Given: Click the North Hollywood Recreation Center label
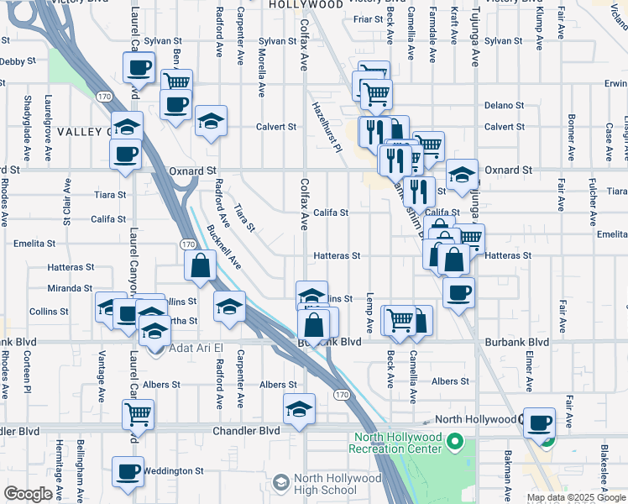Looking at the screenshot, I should pyautogui.click(x=398, y=443).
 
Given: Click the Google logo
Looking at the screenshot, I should pyautogui.click(x=28, y=494).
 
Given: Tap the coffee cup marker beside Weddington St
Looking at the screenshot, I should pyautogui.click(x=128, y=473).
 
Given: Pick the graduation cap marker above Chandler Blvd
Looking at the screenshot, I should pyautogui.click(x=299, y=409).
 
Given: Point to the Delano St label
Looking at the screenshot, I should pyautogui.click(x=505, y=106).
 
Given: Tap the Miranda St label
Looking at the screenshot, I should pyautogui.click(x=70, y=288).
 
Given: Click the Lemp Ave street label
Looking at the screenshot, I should pyautogui.click(x=369, y=312).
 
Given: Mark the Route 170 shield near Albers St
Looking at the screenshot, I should pyautogui.click(x=341, y=395).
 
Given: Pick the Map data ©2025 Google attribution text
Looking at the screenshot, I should pyautogui.click(x=575, y=497).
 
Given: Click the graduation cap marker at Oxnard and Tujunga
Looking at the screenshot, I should pyautogui.click(x=462, y=175).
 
